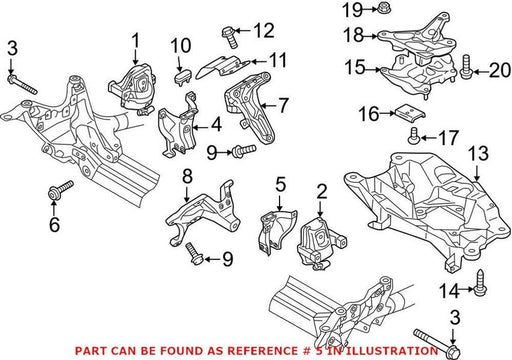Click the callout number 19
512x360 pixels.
(352, 10)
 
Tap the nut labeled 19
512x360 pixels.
(384, 8)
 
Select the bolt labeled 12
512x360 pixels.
(230, 37)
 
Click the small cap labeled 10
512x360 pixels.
(183, 77)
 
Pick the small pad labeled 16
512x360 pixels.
(411, 113)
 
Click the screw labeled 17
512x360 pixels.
(414, 136)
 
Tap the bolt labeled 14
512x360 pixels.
(480, 283)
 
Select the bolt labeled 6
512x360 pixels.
(61, 190)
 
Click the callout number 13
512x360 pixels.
(479, 154)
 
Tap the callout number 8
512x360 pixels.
(187, 176)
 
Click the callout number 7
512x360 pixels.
(283, 106)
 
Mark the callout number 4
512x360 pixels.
(216, 125)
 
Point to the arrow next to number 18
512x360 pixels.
(370, 35)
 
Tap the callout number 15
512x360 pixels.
(355, 67)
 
